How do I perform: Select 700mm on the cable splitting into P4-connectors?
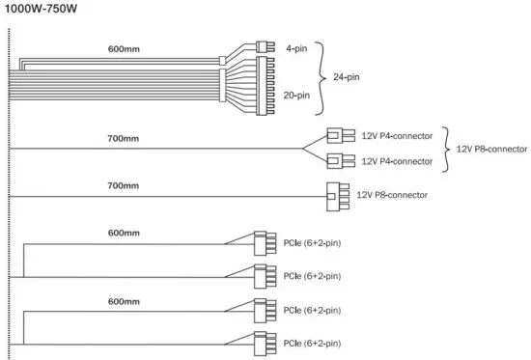(123, 139)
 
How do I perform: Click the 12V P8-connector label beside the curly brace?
(491, 150)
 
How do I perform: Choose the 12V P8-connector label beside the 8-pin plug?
(393, 194)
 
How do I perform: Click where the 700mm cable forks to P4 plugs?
(304, 149)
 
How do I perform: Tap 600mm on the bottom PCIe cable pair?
(123, 300)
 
